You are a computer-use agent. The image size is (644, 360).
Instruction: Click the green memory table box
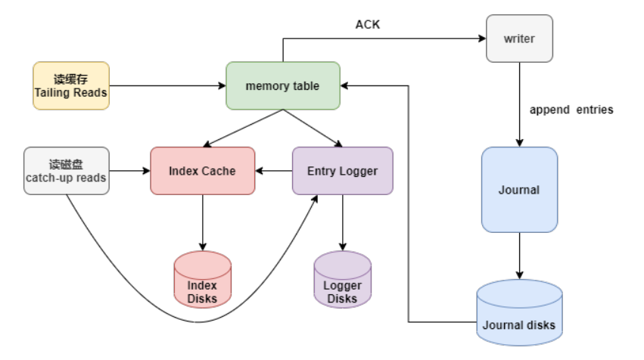[x=282, y=85]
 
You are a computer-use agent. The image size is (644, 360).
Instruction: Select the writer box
[x=518, y=38]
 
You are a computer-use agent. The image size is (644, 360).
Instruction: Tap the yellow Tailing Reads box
[x=71, y=85]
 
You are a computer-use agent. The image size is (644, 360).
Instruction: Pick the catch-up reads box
[x=67, y=171]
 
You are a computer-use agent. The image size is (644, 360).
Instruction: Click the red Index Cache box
[x=202, y=171]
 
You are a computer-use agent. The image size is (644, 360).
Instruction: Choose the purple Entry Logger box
[x=342, y=171]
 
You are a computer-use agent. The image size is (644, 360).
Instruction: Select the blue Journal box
[x=518, y=190]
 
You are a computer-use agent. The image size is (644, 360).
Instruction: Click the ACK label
[x=368, y=25]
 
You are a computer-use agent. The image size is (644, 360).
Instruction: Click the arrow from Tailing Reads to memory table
[x=166, y=85]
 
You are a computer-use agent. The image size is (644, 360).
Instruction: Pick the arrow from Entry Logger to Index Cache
[x=273, y=171]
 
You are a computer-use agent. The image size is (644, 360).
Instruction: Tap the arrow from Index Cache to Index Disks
[x=202, y=222]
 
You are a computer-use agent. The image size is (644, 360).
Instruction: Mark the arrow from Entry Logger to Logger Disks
[x=342, y=222]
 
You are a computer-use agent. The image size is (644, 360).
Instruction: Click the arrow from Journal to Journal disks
[x=518, y=256]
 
